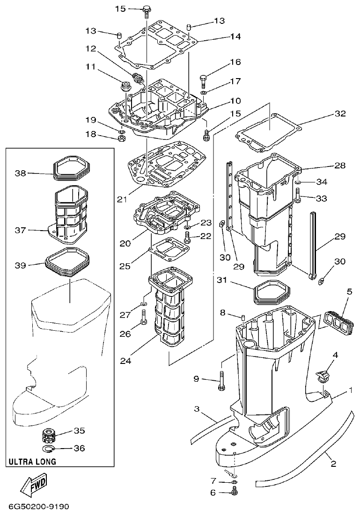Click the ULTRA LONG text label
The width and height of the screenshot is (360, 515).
(32, 462)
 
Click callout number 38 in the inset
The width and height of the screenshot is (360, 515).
(21, 174)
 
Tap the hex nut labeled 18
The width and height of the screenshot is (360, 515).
(121, 138)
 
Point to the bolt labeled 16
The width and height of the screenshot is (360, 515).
(204, 80)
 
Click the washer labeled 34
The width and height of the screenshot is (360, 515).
(297, 181)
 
